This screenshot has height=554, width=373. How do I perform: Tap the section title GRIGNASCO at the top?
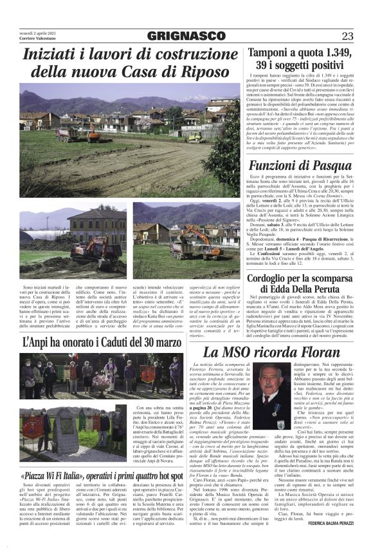186,35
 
